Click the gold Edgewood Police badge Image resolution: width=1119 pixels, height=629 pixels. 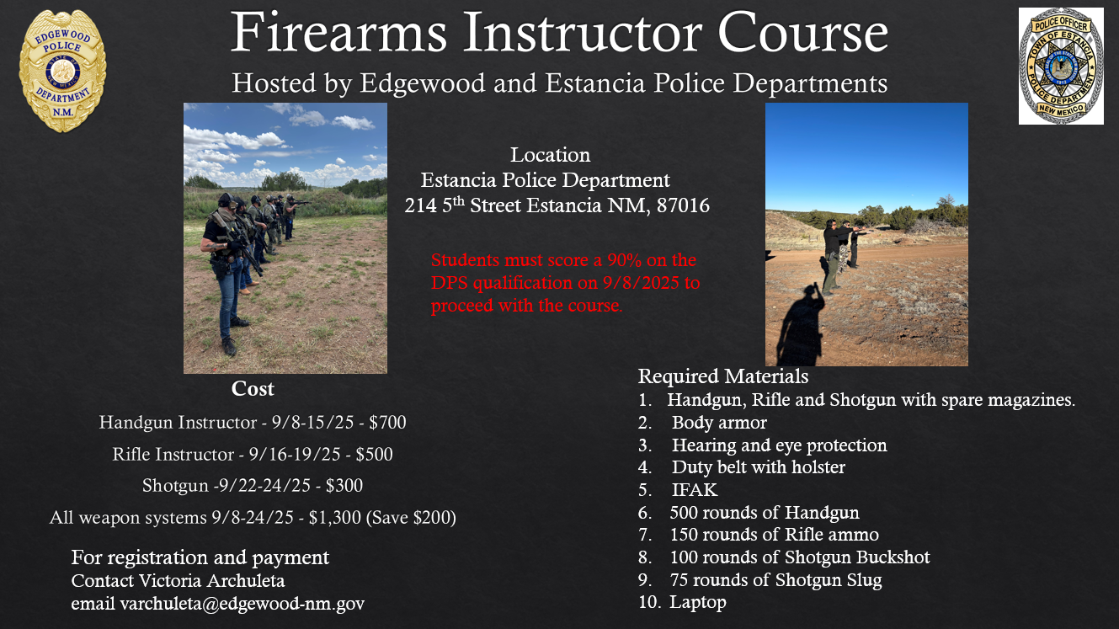tap(62, 71)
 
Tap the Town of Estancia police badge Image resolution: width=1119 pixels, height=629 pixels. tap(1061, 67)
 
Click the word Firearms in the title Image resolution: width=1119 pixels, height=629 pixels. tap(338, 33)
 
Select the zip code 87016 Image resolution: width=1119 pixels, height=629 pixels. tap(683, 205)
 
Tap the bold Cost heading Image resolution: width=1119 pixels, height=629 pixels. tap(253, 389)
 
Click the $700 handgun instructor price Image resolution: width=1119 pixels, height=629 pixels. tap(387, 423)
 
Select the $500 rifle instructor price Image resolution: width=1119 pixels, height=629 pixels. tap(374, 454)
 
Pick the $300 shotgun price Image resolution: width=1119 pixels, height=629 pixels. tap(344, 486)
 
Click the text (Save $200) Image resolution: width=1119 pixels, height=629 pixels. tap(411, 518)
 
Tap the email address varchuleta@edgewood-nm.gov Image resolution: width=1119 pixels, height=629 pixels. tap(242, 604)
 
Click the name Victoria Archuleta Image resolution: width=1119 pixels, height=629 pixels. tap(212, 580)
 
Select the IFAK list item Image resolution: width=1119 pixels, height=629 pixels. tap(695, 489)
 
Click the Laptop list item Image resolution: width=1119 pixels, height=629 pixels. tap(698, 603)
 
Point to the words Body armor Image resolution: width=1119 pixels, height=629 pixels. tap(719, 423)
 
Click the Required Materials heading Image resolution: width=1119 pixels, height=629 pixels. tap(723, 376)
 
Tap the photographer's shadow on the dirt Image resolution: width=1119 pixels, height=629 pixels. tap(801, 325)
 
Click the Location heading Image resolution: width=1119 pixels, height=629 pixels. tap(550, 155)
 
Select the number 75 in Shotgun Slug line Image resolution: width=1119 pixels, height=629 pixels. tap(679, 580)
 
